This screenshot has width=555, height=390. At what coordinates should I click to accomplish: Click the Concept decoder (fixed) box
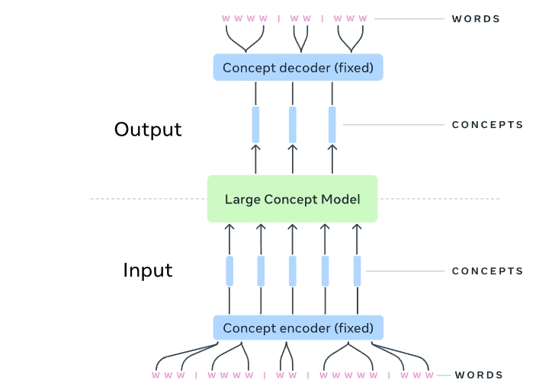point(298,68)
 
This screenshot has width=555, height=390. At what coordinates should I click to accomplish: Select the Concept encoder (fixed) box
point(298,328)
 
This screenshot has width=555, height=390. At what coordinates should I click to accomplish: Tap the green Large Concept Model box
point(292,199)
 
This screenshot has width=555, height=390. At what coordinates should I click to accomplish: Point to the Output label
point(148,129)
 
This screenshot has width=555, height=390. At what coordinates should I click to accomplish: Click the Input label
point(148,270)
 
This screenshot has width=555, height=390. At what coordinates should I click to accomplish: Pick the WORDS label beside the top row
point(476,18)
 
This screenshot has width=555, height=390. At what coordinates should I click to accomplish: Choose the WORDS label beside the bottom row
point(479,375)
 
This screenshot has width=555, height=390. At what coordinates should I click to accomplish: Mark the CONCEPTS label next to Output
point(487,125)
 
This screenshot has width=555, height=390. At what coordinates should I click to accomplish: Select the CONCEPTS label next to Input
point(487,270)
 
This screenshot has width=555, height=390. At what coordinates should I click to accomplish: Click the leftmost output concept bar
point(255,124)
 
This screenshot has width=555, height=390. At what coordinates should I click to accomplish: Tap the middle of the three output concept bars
point(293,124)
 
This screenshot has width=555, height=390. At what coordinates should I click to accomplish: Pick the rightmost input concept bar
point(357,270)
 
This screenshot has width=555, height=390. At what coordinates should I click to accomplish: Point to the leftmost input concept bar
point(229,270)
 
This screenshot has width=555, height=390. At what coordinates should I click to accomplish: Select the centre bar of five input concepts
point(293,270)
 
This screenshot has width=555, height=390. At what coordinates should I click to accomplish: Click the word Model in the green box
point(342,200)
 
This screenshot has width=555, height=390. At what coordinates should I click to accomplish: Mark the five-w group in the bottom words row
point(348,375)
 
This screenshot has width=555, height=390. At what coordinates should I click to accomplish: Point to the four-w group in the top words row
point(243,18)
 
